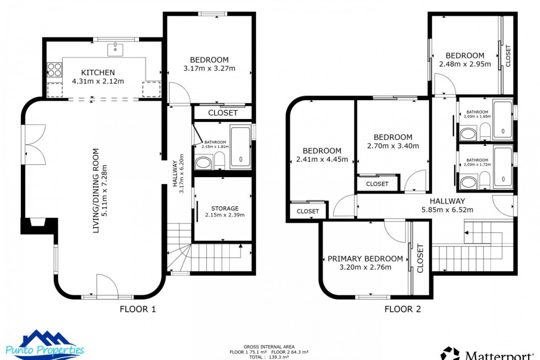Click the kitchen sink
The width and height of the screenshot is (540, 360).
(115, 50)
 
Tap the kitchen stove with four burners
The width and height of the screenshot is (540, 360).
(55, 70)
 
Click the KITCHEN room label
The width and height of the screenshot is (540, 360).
(98, 73)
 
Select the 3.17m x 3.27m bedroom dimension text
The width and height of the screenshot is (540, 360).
(209, 68)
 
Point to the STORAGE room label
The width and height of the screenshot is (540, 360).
(225, 208)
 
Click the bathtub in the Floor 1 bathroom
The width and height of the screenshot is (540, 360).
(240, 147)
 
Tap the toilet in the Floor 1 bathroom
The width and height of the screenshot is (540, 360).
(219, 161)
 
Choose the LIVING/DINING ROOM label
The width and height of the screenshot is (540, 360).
(96, 191)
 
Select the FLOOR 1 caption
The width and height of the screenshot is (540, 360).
(138, 309)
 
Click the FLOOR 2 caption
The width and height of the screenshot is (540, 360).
(403, 309)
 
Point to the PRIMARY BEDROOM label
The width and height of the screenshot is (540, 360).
(365, 259)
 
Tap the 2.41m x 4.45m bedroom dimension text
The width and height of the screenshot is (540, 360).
(322, 159)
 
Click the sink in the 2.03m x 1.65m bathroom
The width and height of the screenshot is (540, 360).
(468, 134)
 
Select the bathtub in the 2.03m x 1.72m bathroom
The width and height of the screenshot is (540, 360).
(503, 167)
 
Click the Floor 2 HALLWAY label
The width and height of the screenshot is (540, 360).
(447, 201)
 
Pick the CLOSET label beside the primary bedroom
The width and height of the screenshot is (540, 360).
(420, 258)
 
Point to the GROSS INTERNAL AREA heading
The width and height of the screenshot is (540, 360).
(269, 347)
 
